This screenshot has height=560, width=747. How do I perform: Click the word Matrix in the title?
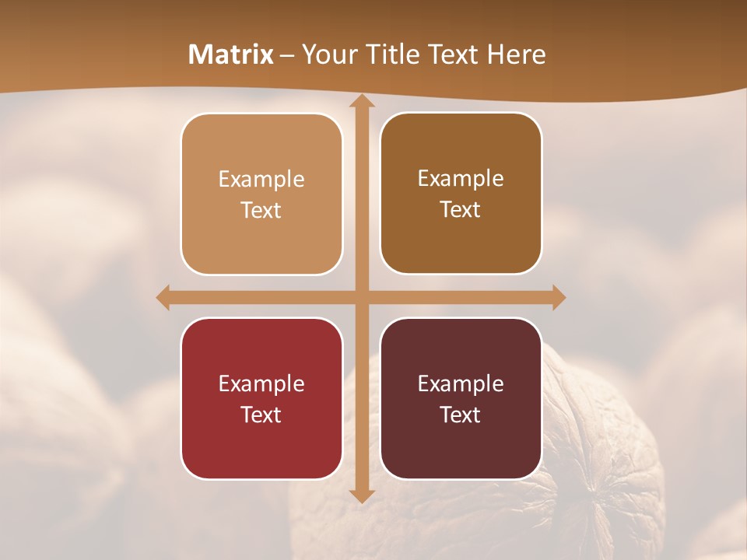231,54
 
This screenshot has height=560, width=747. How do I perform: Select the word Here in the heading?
517,54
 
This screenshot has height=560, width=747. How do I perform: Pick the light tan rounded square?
261,194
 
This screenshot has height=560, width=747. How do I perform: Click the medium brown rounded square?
461,194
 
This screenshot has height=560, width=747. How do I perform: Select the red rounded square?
261,398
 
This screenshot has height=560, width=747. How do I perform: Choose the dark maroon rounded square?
461,398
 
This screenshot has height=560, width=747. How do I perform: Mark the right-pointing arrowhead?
559,297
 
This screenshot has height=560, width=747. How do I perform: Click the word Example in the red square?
261,383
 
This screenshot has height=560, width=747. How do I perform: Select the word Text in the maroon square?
461,415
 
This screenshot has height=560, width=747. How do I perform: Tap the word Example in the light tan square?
261,180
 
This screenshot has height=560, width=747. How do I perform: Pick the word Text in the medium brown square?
461,210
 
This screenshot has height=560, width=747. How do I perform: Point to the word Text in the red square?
261,415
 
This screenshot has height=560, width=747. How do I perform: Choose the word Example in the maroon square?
461,383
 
